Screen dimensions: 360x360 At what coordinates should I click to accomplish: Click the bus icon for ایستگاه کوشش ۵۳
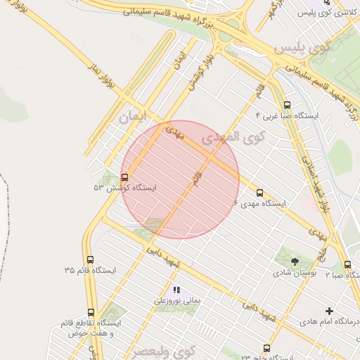click(125, 177)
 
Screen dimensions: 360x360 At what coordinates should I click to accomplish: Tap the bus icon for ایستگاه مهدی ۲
click(259, 193)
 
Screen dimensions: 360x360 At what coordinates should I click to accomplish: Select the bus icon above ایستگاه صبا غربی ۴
click(285, 102)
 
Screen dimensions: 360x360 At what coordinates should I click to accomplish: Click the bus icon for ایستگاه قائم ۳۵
click(89, 259)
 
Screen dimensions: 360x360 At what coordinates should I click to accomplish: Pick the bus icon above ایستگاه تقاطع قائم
click(91, 312)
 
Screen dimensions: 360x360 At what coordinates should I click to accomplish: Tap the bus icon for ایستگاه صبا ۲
click(348, 265)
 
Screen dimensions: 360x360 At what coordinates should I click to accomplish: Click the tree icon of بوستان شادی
click(293, 262)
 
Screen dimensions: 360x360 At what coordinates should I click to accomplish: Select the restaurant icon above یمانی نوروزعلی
click(176, 290)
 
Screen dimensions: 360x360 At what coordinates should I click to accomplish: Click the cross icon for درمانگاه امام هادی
click(328, 311)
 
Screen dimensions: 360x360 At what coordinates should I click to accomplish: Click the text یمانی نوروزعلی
click(178, 300)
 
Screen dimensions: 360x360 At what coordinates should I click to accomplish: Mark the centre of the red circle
click(181, 179)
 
